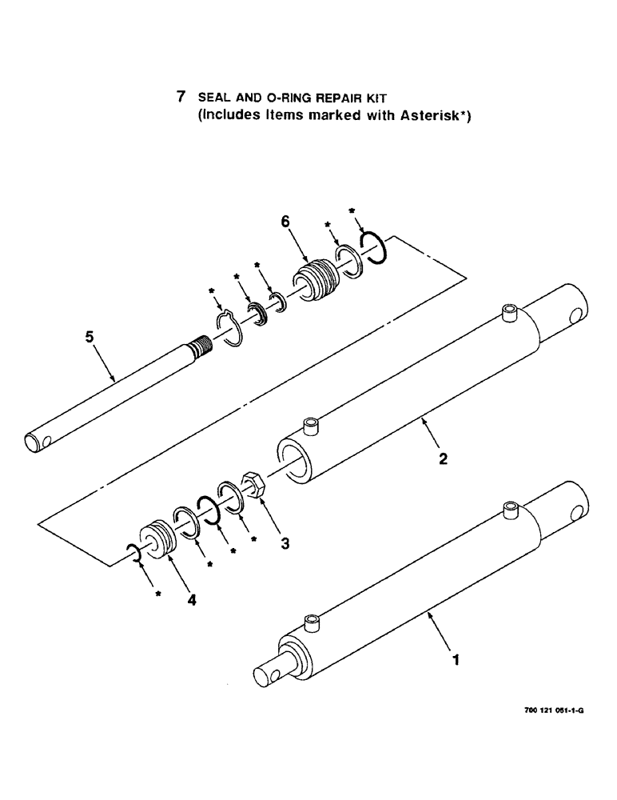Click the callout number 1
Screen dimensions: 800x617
[456, 660]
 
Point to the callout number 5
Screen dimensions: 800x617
[90, 338]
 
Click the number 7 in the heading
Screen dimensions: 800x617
[181, 97]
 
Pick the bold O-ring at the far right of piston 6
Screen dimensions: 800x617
[373, 246]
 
